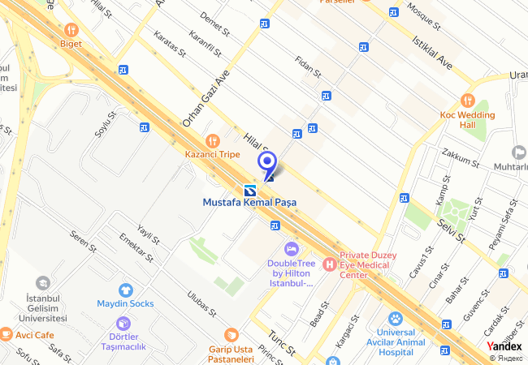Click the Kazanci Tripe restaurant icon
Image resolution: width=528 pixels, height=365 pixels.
point(212,140)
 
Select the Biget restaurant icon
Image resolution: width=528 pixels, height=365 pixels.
point(70,29)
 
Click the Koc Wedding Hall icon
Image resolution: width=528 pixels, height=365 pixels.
point(467,100)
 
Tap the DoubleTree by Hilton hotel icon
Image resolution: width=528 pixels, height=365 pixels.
point(290,247)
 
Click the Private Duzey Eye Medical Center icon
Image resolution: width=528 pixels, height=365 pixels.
point(329,264)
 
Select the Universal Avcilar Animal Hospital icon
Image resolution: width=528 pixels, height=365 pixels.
point(396,319)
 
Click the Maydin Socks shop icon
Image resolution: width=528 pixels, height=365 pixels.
point(125,290)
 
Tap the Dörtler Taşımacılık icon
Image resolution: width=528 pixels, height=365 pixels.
point(123,324)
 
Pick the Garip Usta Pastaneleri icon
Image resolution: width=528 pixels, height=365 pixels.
point(232,334)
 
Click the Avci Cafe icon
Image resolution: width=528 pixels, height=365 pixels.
point(6,333)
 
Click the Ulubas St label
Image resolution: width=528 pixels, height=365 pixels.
point(201,304)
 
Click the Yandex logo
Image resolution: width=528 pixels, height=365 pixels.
point(504,346)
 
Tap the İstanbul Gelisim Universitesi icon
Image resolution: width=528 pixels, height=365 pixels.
point(42,283)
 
